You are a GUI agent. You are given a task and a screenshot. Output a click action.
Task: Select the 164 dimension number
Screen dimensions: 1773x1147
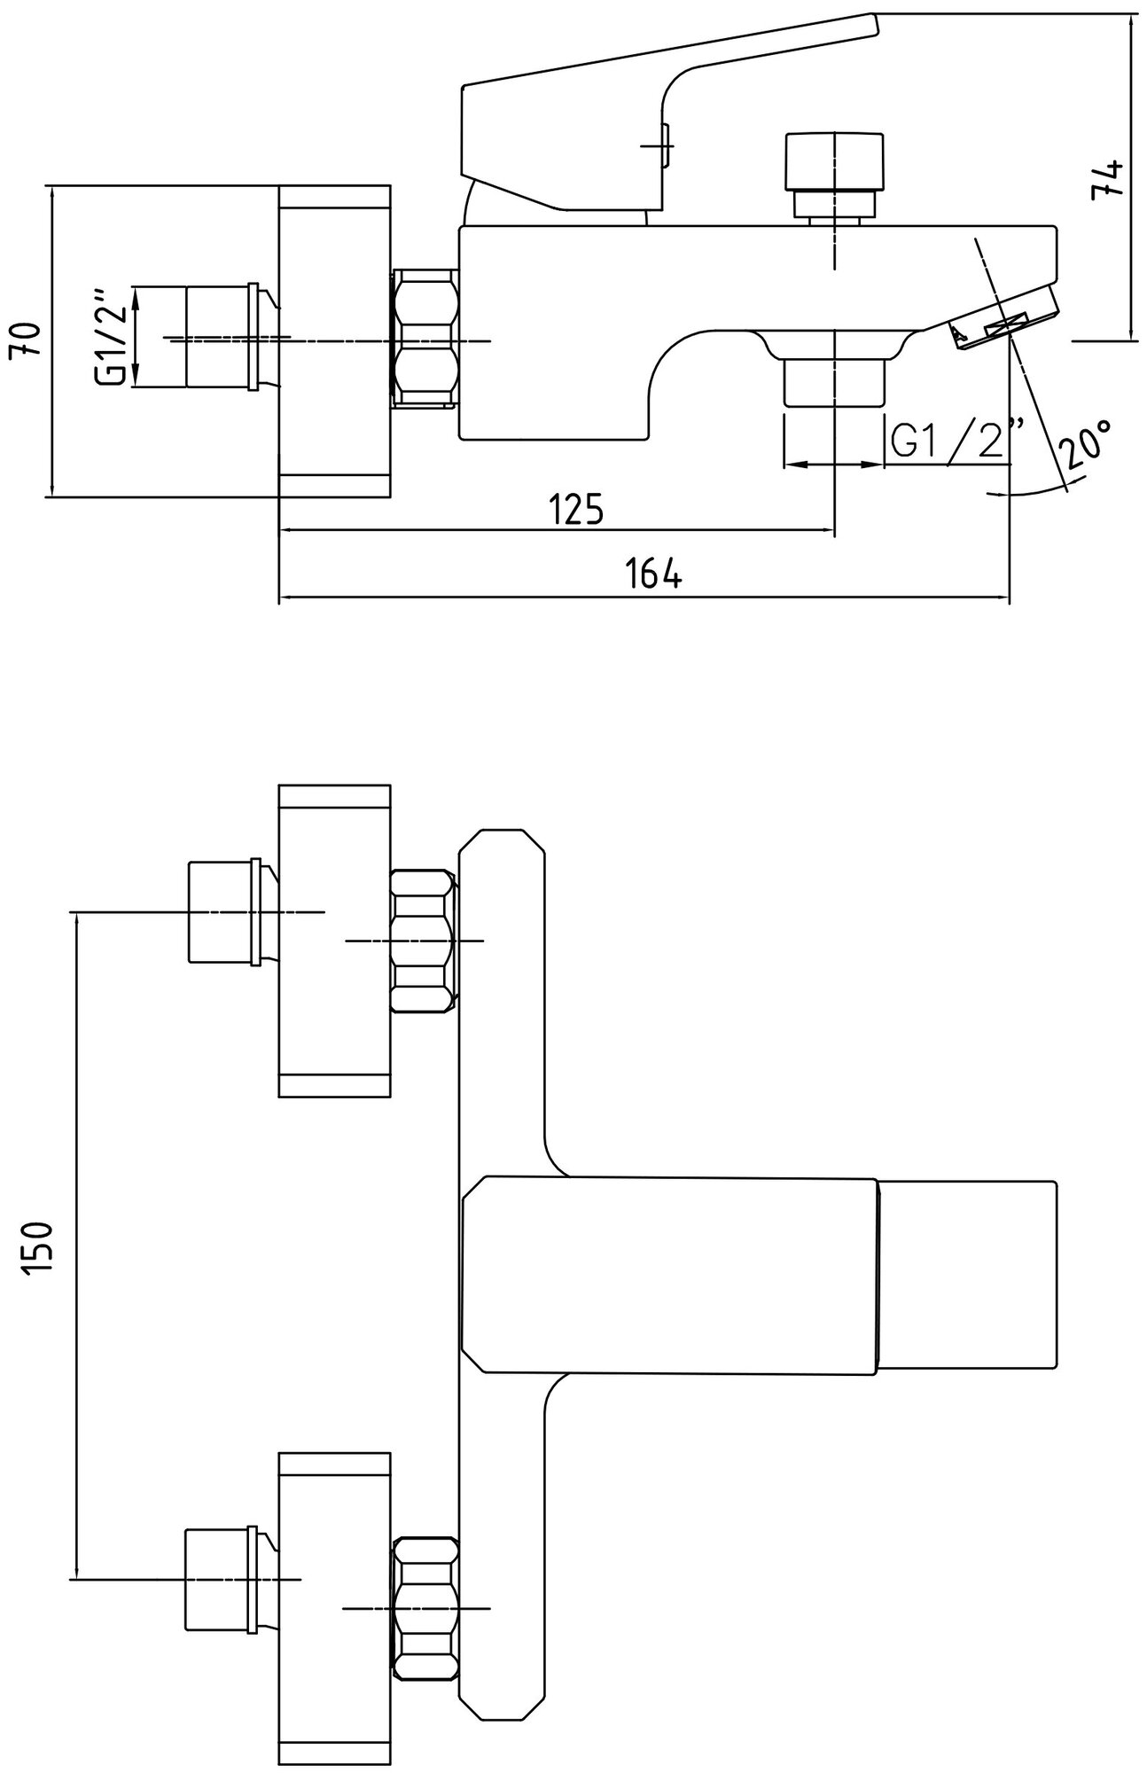point(653,574)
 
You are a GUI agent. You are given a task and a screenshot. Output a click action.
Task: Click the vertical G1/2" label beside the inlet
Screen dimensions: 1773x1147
point(113,337)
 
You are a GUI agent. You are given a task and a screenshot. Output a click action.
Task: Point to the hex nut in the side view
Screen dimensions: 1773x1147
point(426,339)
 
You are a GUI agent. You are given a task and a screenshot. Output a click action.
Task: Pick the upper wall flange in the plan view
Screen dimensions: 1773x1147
point(335,940)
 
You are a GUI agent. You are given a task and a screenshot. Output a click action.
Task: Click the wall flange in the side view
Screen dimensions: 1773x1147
point(335,341)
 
